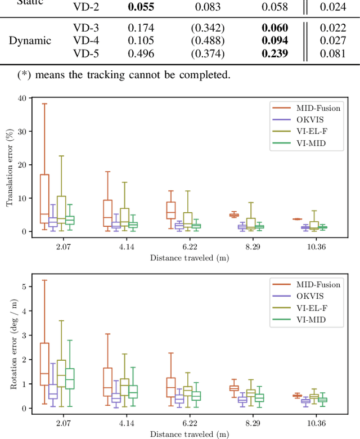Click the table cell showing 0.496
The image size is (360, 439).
[x=139, y=53]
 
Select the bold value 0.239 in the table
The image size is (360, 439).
[x=274, y=53]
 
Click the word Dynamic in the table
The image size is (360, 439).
[x=30, y=41]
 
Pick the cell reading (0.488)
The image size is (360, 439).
[x=207, y=41]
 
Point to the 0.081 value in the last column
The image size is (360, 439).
[x=332, y=53]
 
